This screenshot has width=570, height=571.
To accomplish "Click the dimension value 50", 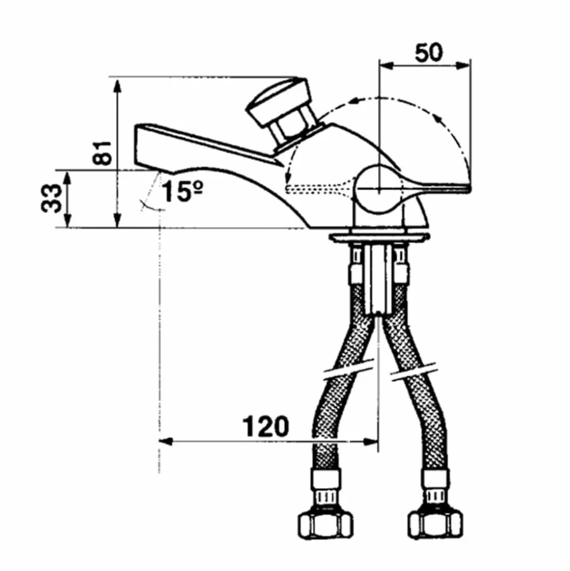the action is point(429,52).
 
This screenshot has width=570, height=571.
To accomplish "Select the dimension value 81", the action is point(102,152).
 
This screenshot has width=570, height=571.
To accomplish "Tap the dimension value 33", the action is point(51,198).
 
